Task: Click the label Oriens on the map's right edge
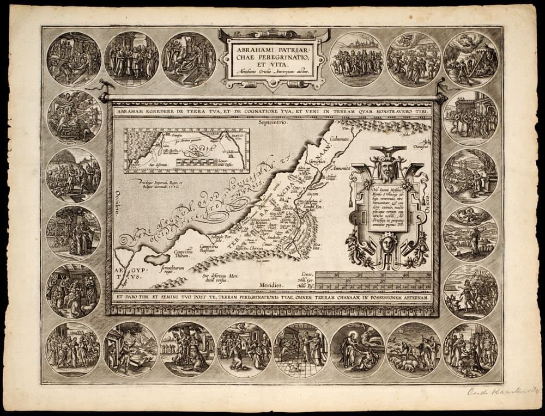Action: click(428, 188)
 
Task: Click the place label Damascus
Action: click(418, 147)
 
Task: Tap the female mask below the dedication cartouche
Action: click(387, 241)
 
